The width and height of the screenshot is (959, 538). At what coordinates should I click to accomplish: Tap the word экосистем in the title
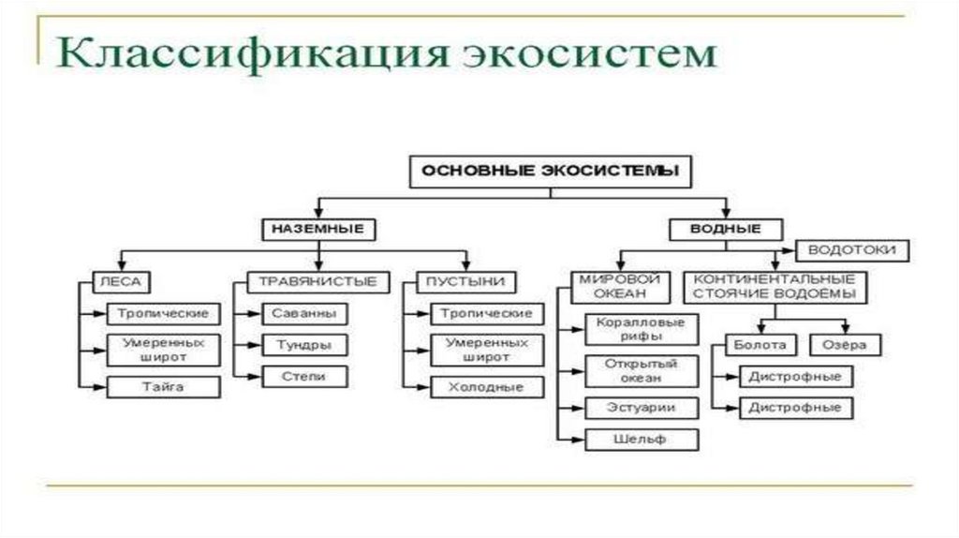pyautogui.click(x=590, y=55)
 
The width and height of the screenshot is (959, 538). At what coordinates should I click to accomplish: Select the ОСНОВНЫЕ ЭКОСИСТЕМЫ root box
pyautogui.click(x=550, y=172)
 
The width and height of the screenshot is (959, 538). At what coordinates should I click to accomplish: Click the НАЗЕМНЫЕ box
pyautogui.click(x=317, y=228)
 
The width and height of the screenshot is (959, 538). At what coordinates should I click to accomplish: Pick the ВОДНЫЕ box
pyautogui.click(x=727, y=228)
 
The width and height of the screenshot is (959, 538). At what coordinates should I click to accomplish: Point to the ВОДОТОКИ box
pyautogui.click(x=851, y=250)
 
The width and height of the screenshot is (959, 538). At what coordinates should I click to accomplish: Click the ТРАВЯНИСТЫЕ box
pyautogui.click(x=318, y=281)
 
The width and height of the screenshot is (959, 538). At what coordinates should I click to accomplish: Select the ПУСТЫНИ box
pyautogui.click(x=465, y=281)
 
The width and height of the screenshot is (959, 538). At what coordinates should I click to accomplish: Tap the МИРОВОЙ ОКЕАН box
pyautogui.click(x=620, y=287)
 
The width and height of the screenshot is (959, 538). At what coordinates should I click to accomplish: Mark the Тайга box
pyautogui.click(x=163, y=386)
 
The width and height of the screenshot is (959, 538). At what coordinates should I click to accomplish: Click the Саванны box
pyautogui.click(x=298, y=314)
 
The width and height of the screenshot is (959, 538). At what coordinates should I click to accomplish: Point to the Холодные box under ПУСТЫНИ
pyautogui.click(x=486, y=386)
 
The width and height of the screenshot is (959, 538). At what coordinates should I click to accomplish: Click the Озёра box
pyautogui.click(x=845, y=344)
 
